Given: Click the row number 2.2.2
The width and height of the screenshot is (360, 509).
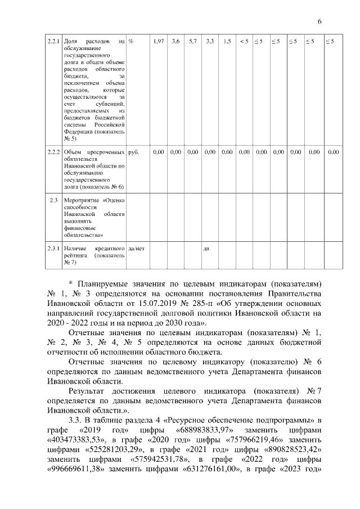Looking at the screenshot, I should tap(53, 152).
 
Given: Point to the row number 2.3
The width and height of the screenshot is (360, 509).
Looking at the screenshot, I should tap(53, 200).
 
